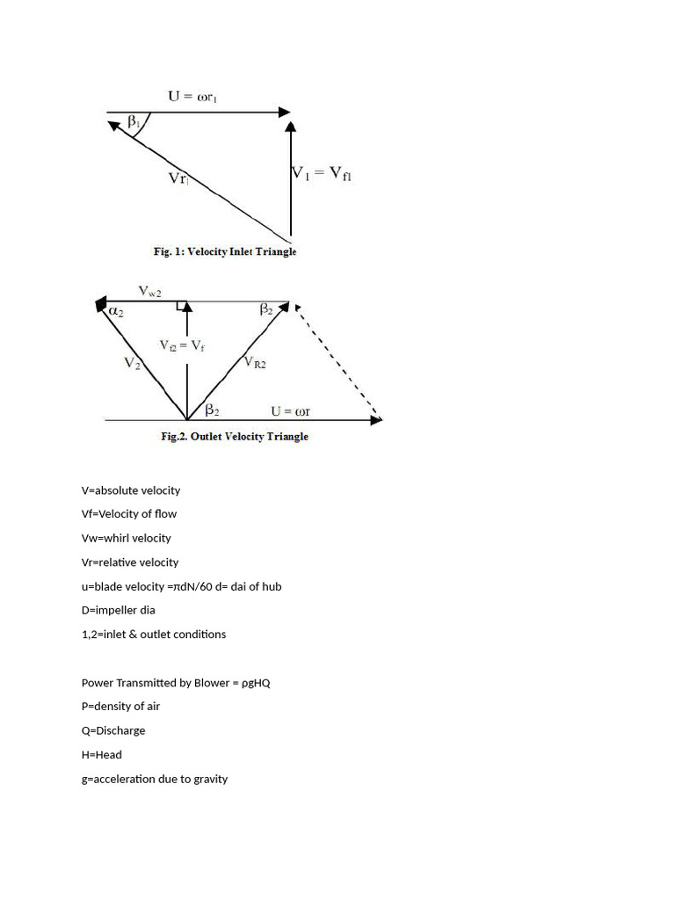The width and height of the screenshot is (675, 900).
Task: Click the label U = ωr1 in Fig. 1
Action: [192, 96]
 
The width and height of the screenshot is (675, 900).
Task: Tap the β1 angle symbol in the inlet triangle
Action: [134, 123]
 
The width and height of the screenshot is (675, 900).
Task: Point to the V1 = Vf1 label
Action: [321, 174]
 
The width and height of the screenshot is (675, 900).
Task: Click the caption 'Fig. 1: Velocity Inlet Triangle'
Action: [225, 251]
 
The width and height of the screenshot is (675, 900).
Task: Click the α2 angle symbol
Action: [116, 310]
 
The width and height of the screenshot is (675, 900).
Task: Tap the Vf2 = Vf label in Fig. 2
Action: [182, 345]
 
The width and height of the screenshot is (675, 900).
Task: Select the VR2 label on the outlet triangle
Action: [255, 361]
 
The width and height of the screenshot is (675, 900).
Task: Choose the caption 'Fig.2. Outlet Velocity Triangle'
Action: [235, 436]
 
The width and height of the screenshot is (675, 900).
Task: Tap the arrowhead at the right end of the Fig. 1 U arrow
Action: [284, 112]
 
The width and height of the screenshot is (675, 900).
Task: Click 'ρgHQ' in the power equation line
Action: [252, 682]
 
